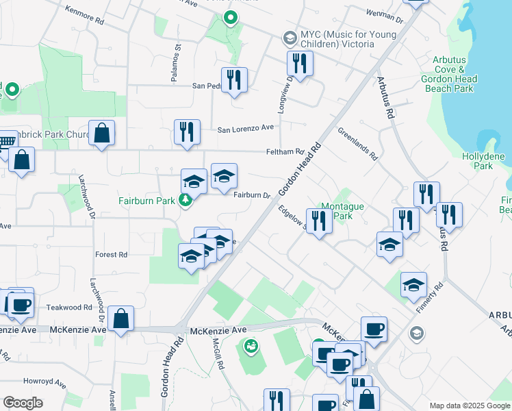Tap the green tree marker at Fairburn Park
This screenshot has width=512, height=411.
pos(184,201)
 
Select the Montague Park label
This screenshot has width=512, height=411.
pos(343,211)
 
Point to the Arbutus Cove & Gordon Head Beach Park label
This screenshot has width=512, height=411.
pos(453,74)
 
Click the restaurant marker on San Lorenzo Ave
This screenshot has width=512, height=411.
pos(187,132)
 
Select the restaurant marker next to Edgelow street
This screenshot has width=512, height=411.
pos(319,221)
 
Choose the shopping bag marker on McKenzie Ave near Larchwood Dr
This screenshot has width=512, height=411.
pos(120,319)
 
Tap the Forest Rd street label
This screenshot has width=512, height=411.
pos(112,254)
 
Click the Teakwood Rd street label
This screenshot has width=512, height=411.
pos(69,308)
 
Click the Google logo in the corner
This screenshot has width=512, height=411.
pos(23,402)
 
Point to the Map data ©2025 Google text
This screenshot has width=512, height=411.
pos(469,406)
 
